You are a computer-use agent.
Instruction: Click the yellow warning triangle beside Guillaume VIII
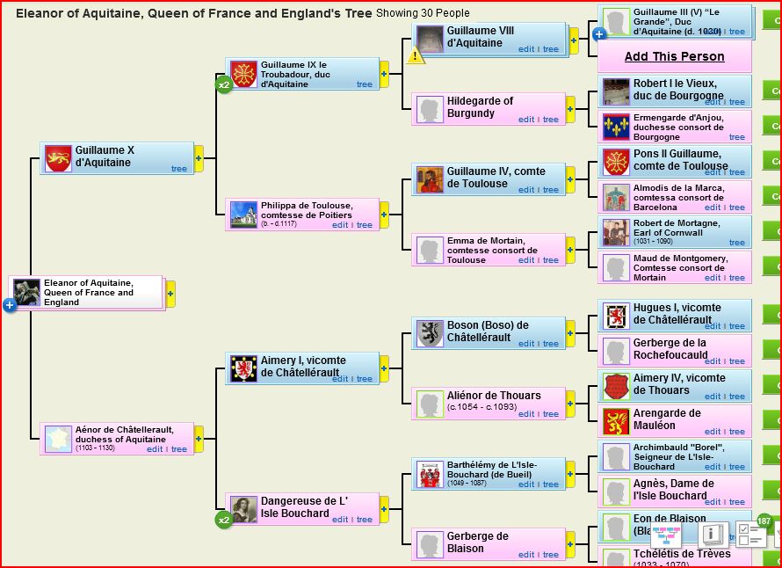pyautogui.click(x=416, y=55)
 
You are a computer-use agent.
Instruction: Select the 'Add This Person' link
pyautogui.click(x=674, y=56)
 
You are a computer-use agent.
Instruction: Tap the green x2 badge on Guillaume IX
pyautogui.click(x=224, y=85)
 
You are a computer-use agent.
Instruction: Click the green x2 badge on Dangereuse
pyautogui.click(x=224, y=521)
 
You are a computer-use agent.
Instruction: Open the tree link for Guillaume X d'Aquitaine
pyautogui.click(x=179, y=169)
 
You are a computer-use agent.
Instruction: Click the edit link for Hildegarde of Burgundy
pyautogui.click(x=526, y=120)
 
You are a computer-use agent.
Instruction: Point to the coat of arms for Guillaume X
pyautogui.click(x=58, y=158)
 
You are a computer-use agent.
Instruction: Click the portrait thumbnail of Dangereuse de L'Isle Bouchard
pyautogui.click(x=243, y=509)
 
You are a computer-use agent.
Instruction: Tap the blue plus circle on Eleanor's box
pyautogui.click(x=10, y=305)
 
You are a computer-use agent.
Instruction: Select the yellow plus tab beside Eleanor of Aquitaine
pyautogui.click(x=170, y=293)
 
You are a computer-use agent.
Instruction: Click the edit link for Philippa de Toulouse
pyautogui.click(x=340, y=225)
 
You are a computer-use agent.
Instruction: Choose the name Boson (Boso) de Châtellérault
pyautogui.click(x=488, y=331)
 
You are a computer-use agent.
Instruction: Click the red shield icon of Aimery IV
pyautogui.click(x=617, y=385)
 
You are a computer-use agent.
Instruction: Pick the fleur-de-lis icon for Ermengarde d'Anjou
pyautogui.click(x=616, y=126)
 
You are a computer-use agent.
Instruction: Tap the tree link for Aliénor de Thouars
pyautogui.click(x=551, y=414)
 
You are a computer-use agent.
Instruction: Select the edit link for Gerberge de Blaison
pyautogui.click(x=526, y=555)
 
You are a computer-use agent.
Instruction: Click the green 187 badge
pyautogui.click(x=764, y=521)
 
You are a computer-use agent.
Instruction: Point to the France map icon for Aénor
pyautogui.click(x=58, y=439)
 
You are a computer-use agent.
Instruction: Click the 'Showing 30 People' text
pyautogui.click(x=423, y=13)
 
